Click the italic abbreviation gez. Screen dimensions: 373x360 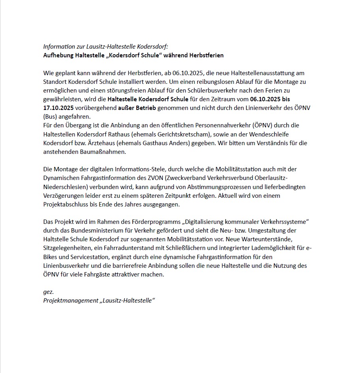(48, 292)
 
